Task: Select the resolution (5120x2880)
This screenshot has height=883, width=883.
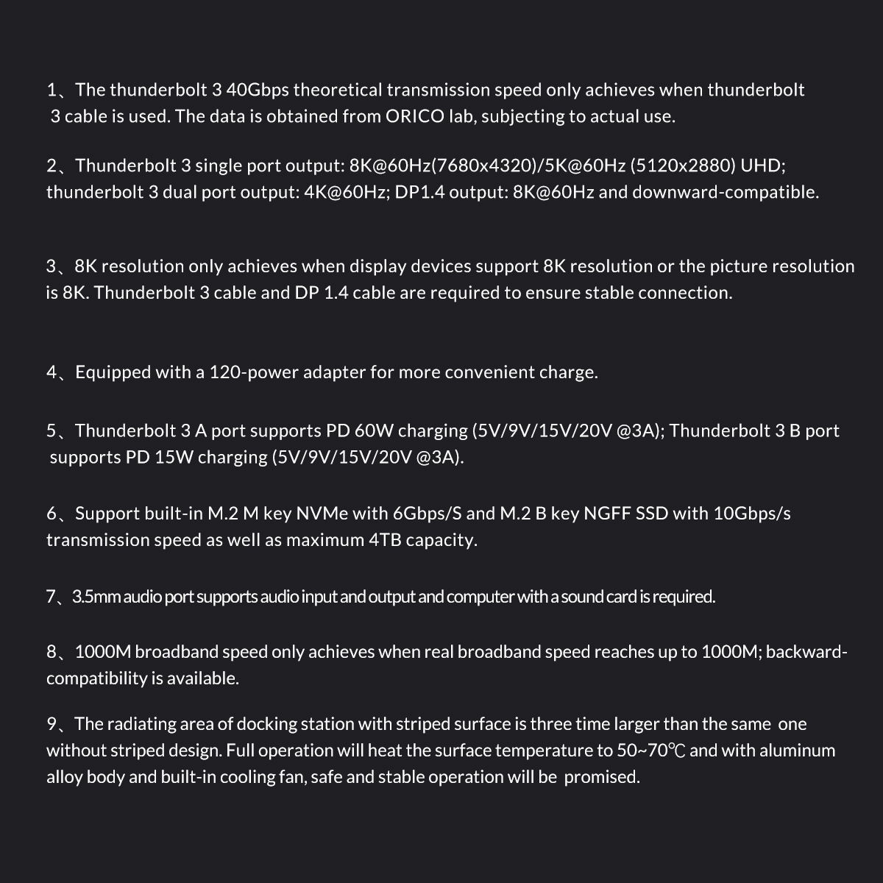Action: click(x=682, y=166)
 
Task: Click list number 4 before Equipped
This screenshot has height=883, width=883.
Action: click(x=52, y=372)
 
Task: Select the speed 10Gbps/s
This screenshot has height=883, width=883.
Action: click(x=752, y=513)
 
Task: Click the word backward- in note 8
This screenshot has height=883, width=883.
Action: click(x=807, y=652)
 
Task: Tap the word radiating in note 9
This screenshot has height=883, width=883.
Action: click(x=143, y=724)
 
